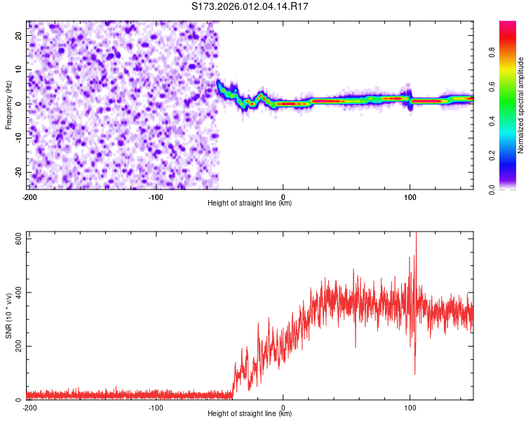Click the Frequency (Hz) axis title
9,105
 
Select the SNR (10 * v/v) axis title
9,316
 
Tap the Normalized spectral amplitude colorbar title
521,105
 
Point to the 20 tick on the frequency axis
19,35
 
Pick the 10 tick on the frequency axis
19,69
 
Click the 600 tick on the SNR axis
15,238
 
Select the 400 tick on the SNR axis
15,292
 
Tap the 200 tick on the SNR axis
15,346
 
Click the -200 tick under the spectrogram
29,196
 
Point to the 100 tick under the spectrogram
410,196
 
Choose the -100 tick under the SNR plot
156,408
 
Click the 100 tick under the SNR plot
410,408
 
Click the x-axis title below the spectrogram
250,203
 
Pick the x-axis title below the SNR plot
250,415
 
